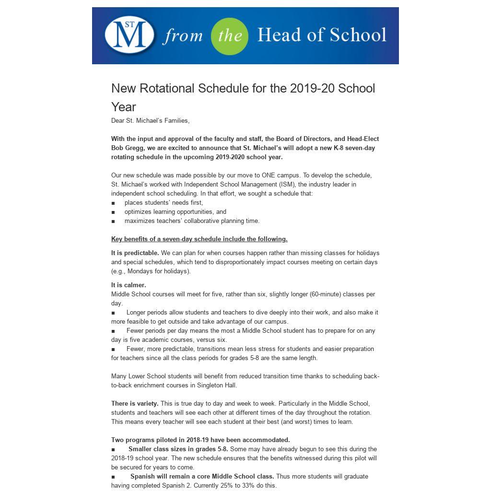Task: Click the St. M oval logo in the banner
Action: pos(129,35)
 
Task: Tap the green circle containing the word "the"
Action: pos(230,36)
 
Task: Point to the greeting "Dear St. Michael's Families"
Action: pos(150,121)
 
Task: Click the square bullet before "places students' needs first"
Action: pos(113,203)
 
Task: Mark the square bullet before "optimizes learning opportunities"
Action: pos(113,212)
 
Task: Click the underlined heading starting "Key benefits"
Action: pos(199,239)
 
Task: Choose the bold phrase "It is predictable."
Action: pos(135,253)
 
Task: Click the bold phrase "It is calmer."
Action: pos(129,285)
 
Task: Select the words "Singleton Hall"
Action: pos(217,386)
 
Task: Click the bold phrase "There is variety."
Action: pos(135,404)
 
